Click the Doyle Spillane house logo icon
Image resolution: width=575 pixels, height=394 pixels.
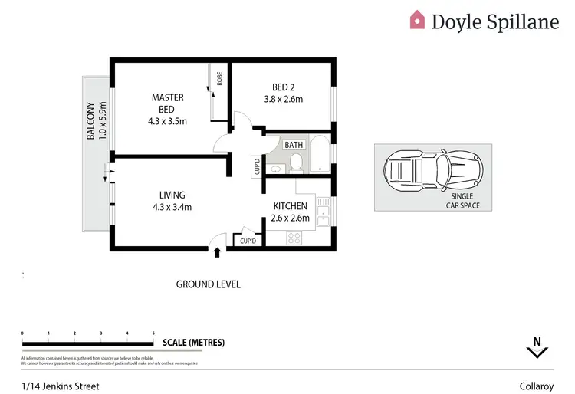(x=417, y=20)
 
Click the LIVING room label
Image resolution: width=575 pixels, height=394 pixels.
(x=172, y=195)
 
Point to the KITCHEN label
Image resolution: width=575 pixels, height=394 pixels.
(x=291, y=206)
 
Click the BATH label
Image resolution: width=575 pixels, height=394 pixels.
(x=294, y=145)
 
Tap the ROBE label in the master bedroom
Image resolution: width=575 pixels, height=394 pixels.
(x=219, y=77)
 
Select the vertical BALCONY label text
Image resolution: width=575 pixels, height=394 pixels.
(x=90, y=121)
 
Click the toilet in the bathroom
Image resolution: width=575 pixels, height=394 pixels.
(x=296, y=162)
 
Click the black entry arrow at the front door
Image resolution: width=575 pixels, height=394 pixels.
(x=218, y=251)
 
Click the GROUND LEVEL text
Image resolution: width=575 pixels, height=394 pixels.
(x=209, y=284)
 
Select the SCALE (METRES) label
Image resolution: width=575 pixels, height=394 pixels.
(x=192, y=343)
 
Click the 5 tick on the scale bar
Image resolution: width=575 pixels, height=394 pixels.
(x=153, y=333)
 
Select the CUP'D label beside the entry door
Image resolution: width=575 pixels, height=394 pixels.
(x=248, y=241)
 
